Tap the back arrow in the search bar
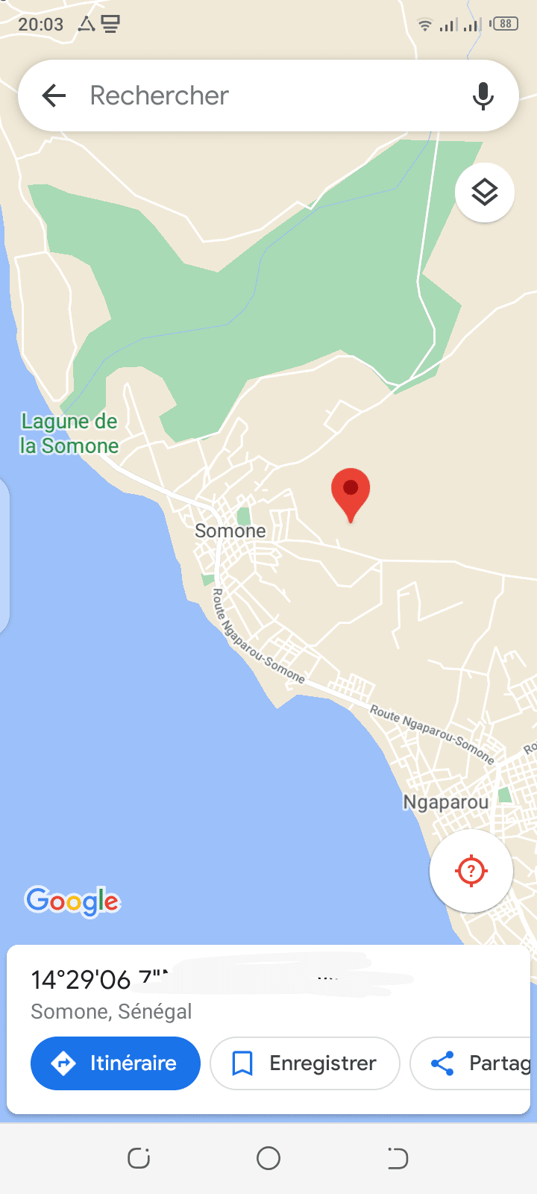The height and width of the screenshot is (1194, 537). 54,96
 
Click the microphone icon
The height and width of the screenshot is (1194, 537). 483,96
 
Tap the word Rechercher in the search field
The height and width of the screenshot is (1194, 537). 159,96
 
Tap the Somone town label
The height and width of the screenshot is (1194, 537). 230,531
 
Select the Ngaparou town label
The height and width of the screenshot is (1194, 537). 446,802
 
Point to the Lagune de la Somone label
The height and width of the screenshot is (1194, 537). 69,434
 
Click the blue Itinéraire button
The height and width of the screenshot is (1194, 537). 116,1063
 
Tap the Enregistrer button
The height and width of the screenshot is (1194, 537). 305,1063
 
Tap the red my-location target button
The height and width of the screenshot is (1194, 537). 471,870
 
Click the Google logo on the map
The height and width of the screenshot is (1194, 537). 72,901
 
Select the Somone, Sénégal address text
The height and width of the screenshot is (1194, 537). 111,1011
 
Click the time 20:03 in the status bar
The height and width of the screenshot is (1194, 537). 41,25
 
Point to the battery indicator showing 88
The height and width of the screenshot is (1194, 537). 505,24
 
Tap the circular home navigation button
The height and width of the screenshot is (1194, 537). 268,1158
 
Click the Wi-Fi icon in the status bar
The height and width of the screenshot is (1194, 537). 424,25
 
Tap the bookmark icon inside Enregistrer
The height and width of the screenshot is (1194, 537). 242,1063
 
